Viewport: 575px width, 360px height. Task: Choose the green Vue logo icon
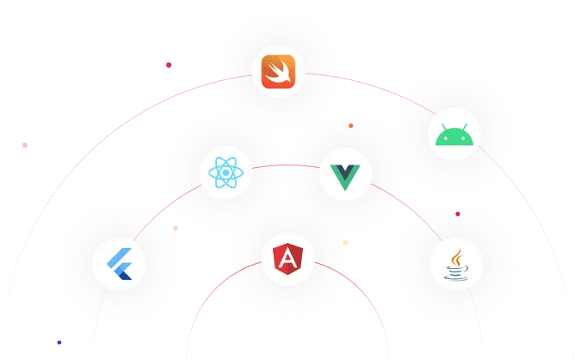[x=345, y=175]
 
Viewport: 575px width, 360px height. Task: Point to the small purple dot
[x=59, y=342]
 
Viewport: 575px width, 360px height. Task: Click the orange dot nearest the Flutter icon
[x=175, y=228]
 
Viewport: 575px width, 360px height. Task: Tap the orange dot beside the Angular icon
[x=346, y=243]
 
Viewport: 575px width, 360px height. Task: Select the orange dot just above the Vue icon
[x=351, y=126]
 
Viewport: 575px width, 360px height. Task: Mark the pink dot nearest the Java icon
[x=458, y=214]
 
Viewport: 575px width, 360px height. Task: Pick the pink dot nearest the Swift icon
[x=169, y=64]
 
